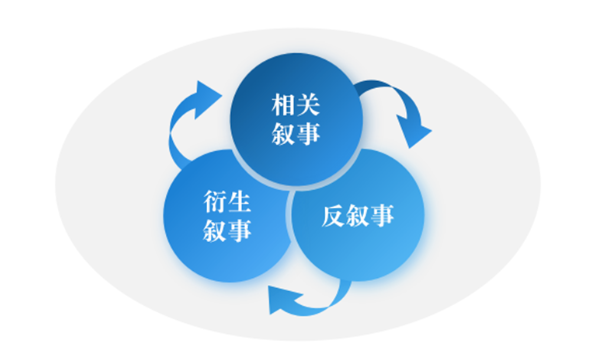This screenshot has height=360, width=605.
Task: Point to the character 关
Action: pyautogui.click(x=311, y=104)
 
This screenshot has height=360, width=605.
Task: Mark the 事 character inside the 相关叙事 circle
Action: pyautogui.click(x=311, y=133)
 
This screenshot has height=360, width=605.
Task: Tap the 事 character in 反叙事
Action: pyautogui.click(x=384, y=215)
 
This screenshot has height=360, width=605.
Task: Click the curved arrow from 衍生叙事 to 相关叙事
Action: pyautogui.click(x=190, y=120)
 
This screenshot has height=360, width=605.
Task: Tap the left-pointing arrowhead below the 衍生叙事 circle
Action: pyautogui.click(x=281, y=298)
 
